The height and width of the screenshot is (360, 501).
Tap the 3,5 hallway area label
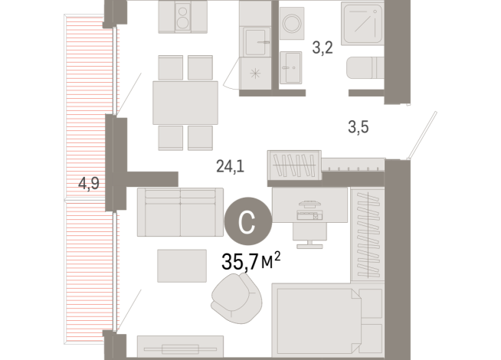[358, 128]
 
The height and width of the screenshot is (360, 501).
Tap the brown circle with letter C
[247, 221]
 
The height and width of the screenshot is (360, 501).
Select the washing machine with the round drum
[292, 23]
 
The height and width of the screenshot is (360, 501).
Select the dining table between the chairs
[184, 102]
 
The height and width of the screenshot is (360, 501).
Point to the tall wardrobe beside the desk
[366, 234]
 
